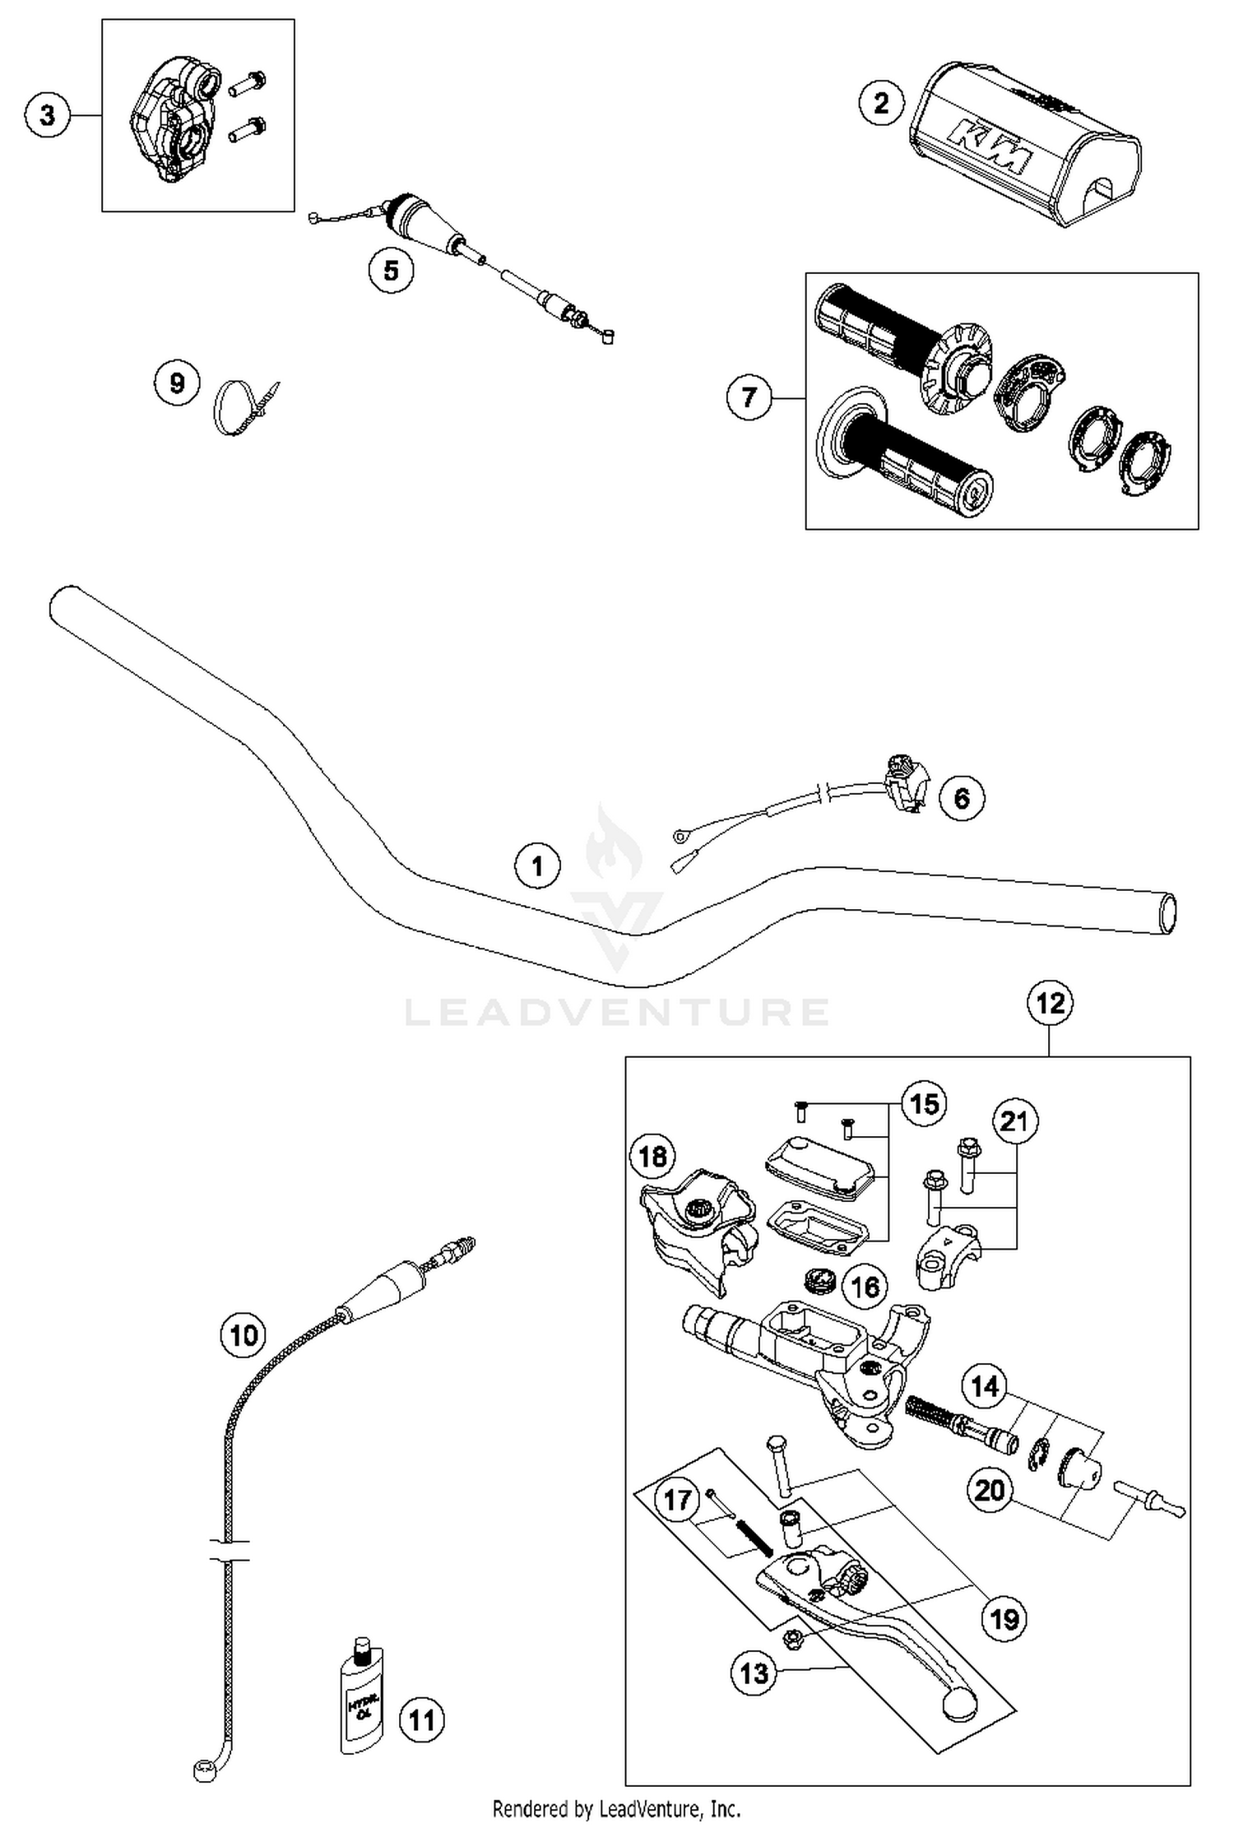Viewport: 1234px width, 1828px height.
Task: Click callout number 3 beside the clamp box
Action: point(47,114)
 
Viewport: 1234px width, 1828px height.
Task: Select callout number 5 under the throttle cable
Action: point(391,270)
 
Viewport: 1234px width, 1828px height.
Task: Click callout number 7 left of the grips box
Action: point(749,398)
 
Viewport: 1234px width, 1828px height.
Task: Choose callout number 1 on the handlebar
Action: point(537,866)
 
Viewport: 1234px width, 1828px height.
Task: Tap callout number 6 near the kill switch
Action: point(962,797)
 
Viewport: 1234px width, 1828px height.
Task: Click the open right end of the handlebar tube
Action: point(1168,914)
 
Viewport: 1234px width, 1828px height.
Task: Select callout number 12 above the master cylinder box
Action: point(1051,1003)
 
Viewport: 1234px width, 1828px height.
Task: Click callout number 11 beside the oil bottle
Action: point(421,1720)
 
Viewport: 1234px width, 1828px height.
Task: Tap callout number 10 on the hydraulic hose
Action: point(243,1334)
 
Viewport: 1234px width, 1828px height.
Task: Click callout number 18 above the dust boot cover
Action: point(652,1157)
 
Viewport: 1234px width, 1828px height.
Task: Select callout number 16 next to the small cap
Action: point(865,1287)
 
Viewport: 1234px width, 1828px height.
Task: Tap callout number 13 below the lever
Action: point(754,1673)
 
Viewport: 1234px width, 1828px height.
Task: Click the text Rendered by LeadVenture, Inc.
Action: point(616,1809)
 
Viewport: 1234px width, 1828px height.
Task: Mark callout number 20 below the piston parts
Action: point(990,1490)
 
